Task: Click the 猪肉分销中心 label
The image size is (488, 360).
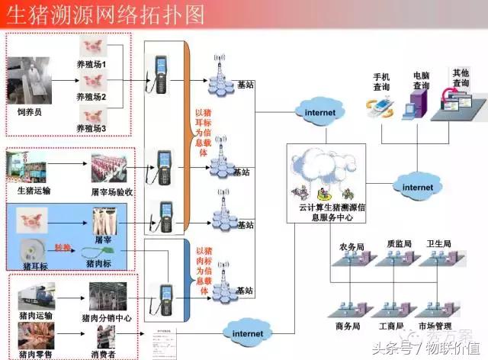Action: (x=106, y=317)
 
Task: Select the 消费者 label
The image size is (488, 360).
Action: (x=106, y=354)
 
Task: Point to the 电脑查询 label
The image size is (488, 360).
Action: (x=421, y=81)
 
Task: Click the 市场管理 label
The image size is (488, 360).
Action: (x=442, y=326)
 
